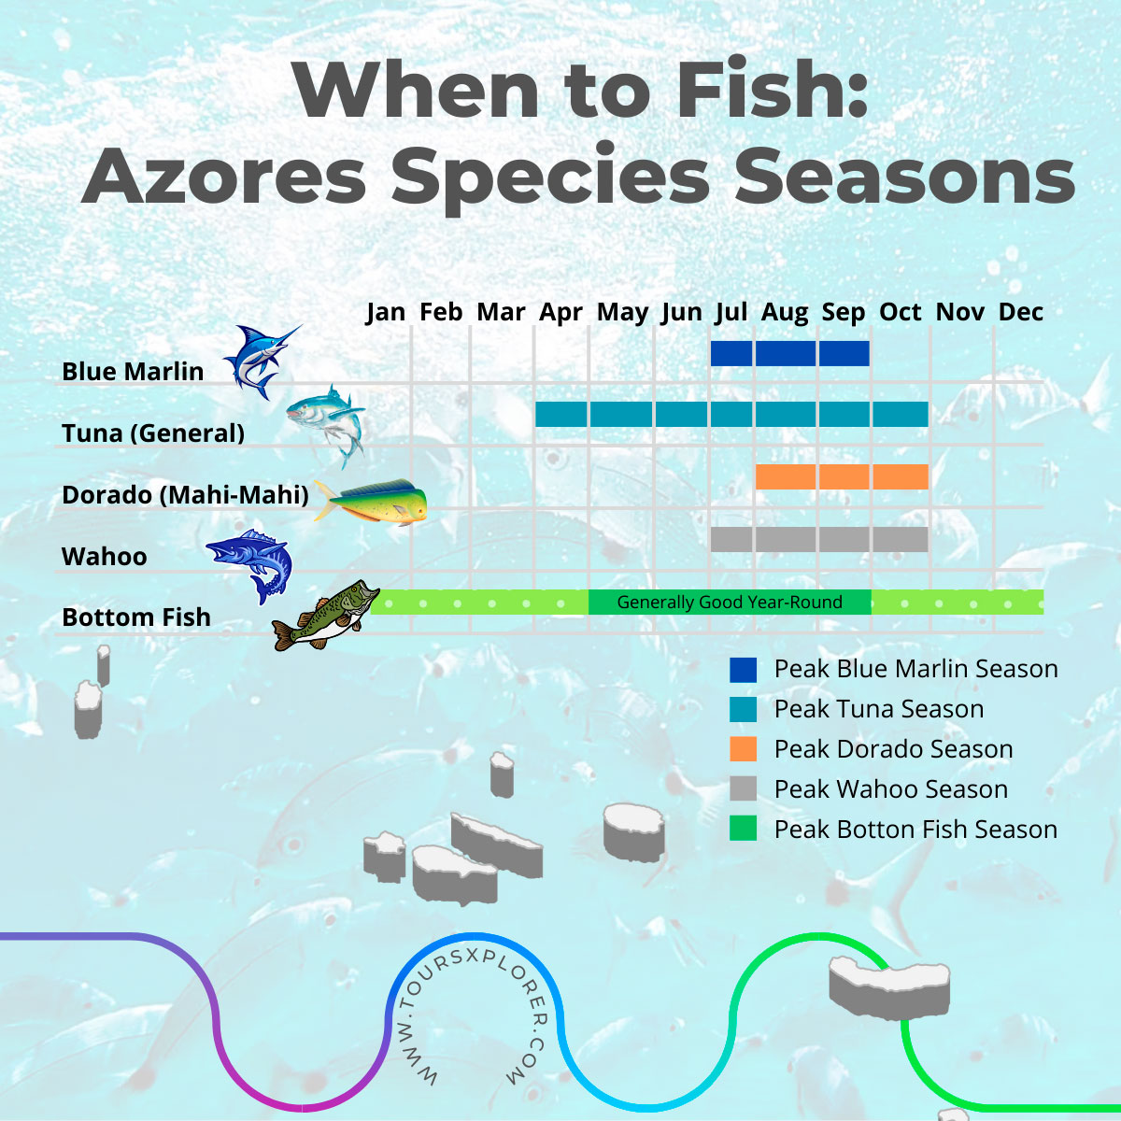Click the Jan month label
(385, 312)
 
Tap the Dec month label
(1020, 312)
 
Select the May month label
(622, 312)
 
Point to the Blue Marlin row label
(133, 372)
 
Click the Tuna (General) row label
(153, 433)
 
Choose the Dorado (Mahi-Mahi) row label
(185, 495)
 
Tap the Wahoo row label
(105, 557)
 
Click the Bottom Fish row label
(136, 617)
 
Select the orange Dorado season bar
(841, 476)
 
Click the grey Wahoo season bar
(818, 539)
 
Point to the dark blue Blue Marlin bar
(789, 353)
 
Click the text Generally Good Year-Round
(730, 603)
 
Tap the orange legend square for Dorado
(743, 749)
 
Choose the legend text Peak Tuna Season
(878, 709)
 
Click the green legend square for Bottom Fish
(743, 830)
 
